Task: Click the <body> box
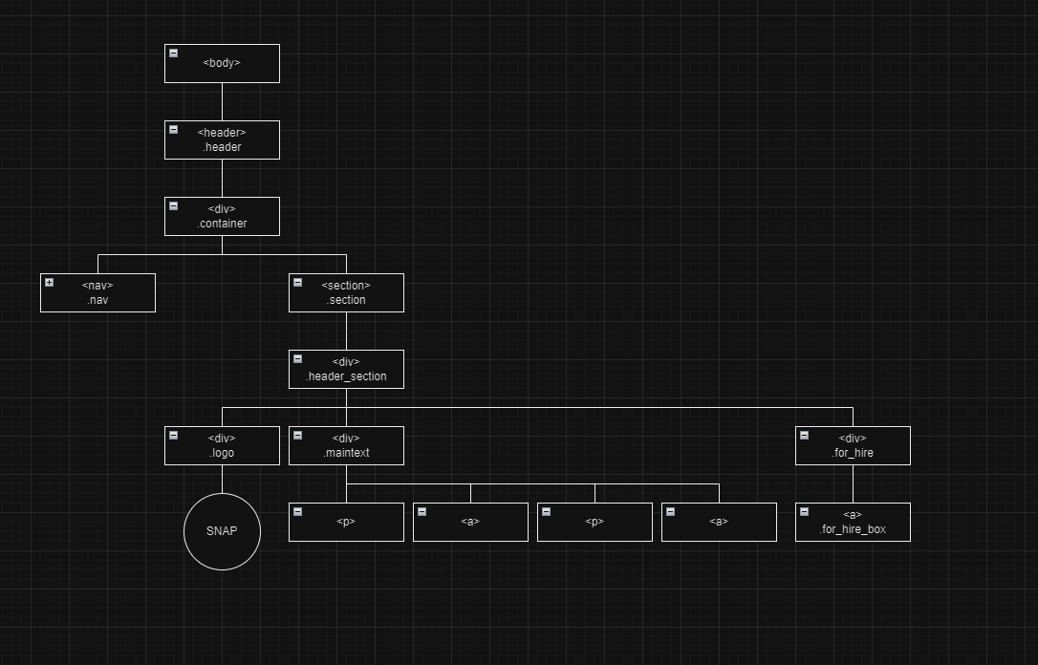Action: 222,63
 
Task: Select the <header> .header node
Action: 222,139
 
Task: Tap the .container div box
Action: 222,216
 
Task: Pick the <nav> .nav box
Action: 97,292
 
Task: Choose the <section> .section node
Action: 346,292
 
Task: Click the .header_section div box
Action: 346,369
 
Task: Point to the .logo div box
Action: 222,445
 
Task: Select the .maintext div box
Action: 346,445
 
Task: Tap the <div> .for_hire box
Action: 853,445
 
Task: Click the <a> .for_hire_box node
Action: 853,522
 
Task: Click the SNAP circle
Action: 222,531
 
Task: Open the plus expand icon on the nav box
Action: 49,283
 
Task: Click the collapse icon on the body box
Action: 173,54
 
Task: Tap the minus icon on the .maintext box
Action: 297,436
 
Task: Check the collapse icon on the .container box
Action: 173,206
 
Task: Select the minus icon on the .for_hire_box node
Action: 804,512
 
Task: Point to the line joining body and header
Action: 222,101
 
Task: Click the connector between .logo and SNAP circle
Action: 222,479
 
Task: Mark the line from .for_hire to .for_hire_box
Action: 853,483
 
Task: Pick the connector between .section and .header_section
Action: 346,331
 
